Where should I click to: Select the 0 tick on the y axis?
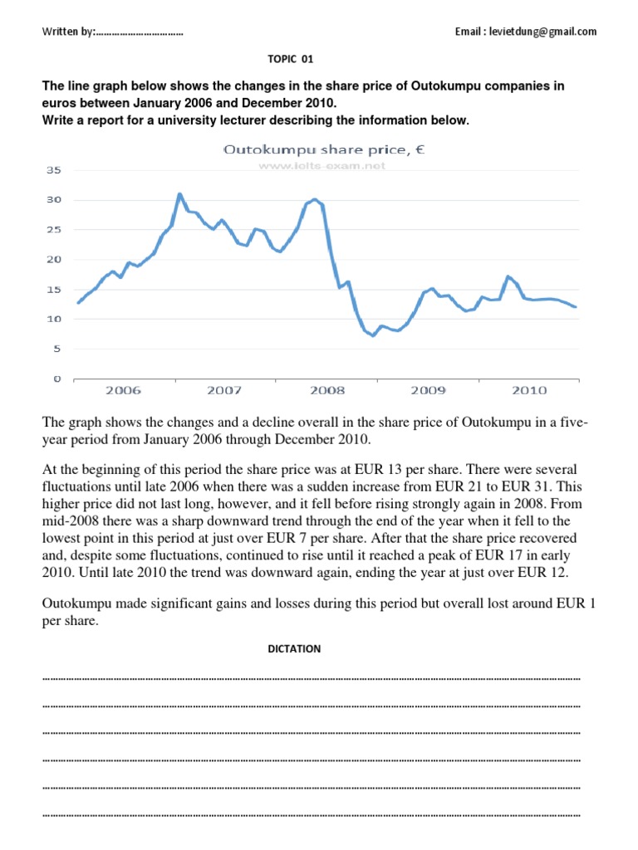tap(57, 379)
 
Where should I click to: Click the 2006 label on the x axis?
tap(123, 389)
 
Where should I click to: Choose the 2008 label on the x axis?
tap(326, 389)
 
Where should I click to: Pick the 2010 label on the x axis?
tap(528, 389)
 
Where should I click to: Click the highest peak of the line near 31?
tap(179, 194)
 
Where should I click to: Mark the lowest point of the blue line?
tap(373, 335)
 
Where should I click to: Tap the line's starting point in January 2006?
tap(77, 303)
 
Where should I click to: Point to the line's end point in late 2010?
tap(576, 307)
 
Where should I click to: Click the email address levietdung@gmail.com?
tap(526, 32)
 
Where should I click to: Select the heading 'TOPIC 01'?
tap(291, 59)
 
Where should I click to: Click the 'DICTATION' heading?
tap(292, 649)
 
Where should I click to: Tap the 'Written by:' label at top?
tap(69, 32)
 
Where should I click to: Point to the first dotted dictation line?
tap(311, 678)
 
